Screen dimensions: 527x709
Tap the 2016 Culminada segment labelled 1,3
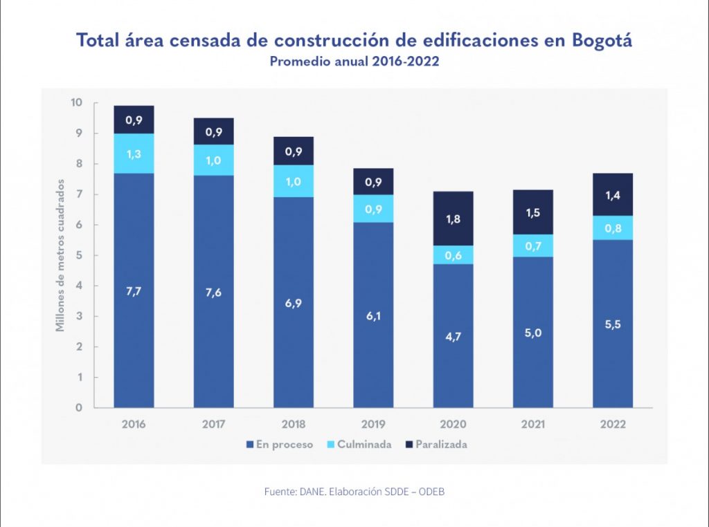134,153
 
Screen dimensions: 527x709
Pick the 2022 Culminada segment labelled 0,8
612,228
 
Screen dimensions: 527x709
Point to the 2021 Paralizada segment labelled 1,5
532,212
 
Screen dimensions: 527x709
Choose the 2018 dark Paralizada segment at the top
294,151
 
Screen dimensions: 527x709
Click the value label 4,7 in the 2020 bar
453,338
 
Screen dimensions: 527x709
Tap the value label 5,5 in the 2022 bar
612,324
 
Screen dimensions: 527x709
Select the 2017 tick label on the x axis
213,425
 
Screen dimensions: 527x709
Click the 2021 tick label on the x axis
532,425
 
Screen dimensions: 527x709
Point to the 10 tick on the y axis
76,103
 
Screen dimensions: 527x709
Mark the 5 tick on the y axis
79,255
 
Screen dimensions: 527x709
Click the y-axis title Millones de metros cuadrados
61,255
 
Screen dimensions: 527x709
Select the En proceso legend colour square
249,445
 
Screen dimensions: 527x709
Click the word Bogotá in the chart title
602,40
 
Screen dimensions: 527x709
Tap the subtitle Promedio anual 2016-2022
354,62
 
